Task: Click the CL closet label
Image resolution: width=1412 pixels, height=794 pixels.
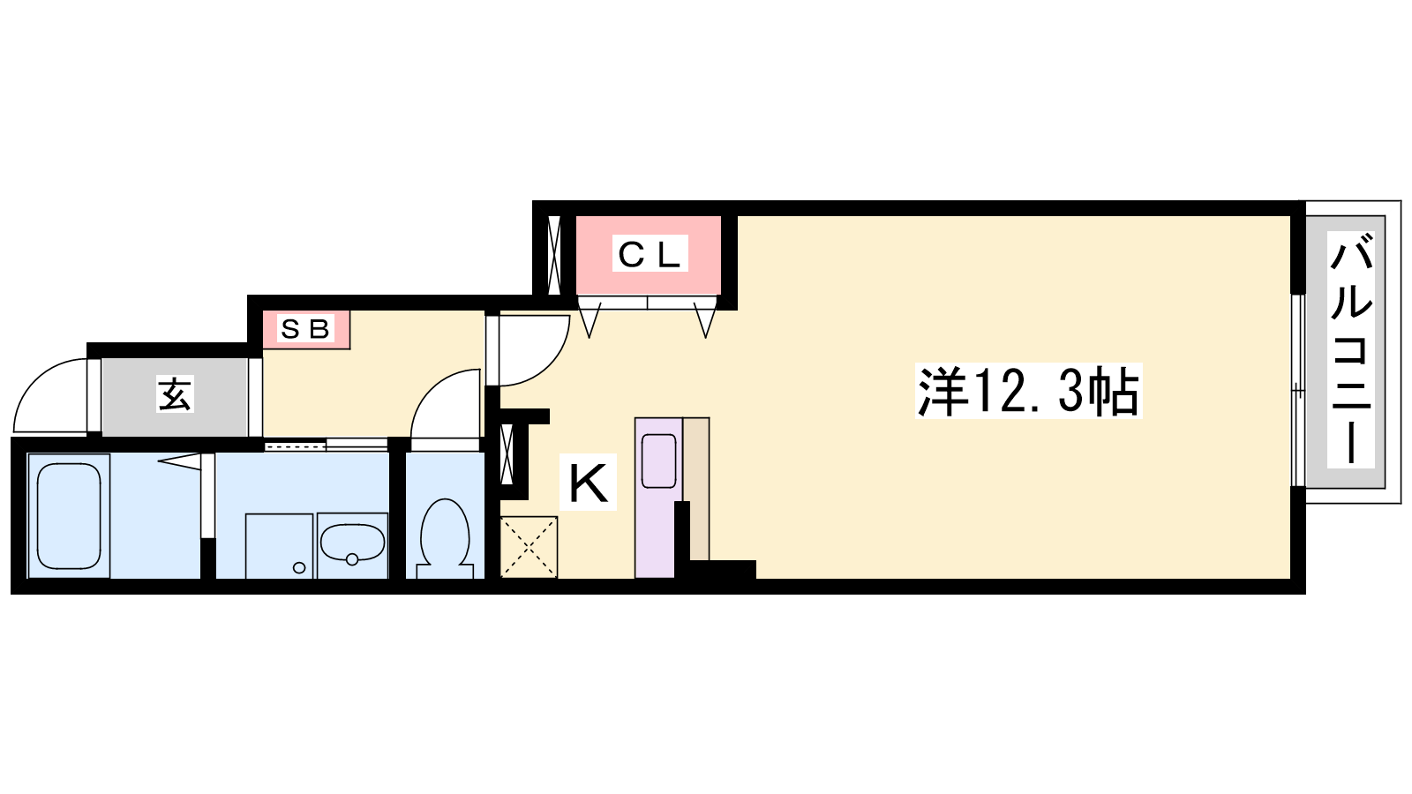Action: click(x=650, y=254)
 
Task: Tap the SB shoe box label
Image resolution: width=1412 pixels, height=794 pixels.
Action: click(x=305, y=328)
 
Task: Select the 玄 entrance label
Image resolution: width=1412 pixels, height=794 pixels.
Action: click(x=175, y=393)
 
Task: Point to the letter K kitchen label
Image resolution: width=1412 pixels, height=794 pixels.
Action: click(x=588, y=482)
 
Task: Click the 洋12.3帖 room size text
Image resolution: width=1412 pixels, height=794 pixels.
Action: click(x=1028, y=392)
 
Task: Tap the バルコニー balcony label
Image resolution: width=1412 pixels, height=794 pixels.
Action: click(x=1351, y=349)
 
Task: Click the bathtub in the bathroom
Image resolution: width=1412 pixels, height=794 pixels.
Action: click(x=69, y=516)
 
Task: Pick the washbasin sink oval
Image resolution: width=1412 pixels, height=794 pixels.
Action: click(x=352, y=543)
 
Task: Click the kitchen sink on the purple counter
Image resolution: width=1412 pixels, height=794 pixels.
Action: click(x=658, y=461)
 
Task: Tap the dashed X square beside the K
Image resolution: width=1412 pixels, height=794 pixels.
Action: click(x=529, y=547)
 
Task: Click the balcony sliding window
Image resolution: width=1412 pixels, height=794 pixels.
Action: click(x=1297, y=391)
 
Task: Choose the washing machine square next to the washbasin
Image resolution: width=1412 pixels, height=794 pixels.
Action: click(x=279, y=546)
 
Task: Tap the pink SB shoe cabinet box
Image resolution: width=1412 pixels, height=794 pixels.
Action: click(x=305, y=329)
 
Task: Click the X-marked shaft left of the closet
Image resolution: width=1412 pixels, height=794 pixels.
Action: click(x=554, y=255)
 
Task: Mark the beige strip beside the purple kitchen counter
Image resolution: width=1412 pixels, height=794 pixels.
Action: click(x=696, y=489)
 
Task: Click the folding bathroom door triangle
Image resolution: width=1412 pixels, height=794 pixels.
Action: click(x=179, y=462)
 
